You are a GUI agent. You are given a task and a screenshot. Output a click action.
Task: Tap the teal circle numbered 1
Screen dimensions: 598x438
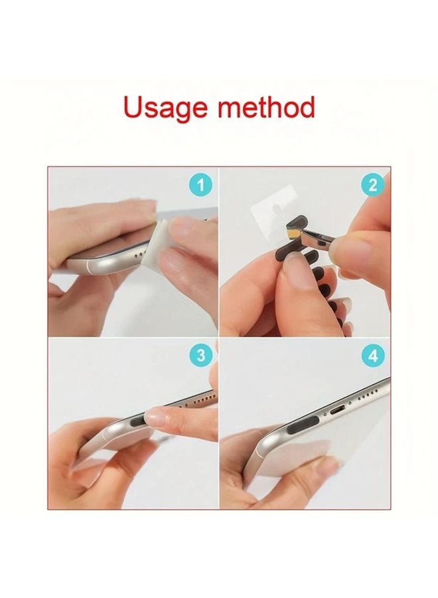coord(200,185)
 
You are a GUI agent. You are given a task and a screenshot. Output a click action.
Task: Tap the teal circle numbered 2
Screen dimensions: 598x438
coord(372,185)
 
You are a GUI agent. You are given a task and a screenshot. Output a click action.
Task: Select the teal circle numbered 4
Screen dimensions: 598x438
coord(372,356)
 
